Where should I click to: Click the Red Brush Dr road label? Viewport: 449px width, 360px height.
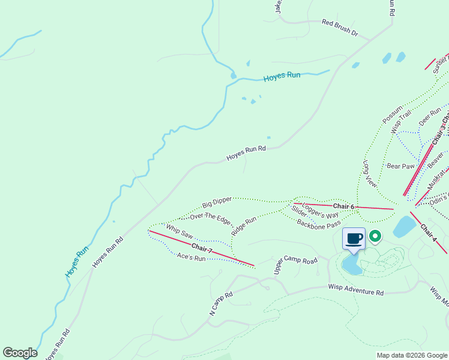(x=340, y=28)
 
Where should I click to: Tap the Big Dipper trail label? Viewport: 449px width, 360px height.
(x=217, y=202)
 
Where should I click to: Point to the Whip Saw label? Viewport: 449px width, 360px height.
(x=179, y=232)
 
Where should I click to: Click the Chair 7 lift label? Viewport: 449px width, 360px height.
(x=202, y=247)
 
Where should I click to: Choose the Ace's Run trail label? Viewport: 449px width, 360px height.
(x=191, y=257)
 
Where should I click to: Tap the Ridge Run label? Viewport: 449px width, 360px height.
(x=244, y=226)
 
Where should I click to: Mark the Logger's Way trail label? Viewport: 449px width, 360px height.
(x=320, y=210)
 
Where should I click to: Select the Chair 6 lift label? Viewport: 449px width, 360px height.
(x=345, y=206)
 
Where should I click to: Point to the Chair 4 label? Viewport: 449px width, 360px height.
(x=429, y=233)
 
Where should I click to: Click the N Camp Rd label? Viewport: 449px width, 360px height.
(x=221, y=304)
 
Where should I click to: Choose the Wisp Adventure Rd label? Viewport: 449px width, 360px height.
(x=355, y=290)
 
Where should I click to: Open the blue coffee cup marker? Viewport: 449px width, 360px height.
(x=354, y=239)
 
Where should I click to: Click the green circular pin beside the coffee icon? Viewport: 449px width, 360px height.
(x=375, y=237)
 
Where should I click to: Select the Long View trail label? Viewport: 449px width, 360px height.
(x=370, y=174)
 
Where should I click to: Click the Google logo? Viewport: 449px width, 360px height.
(x=20, y=353)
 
